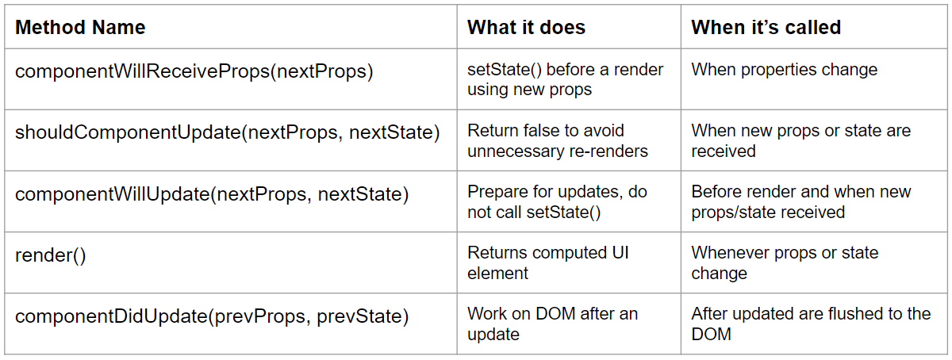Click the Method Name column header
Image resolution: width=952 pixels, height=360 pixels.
pyautogui.click(x=80, y=28)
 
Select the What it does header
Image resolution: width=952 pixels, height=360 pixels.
pyautogui.click(x=526, y=28)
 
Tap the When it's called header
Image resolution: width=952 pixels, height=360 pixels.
pyautogui.click(x=766, y=28)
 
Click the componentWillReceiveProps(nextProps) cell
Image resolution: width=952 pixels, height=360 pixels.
pyautogui.click(x=194, y=71)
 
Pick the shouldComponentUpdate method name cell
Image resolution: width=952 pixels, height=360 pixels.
pyautogui.click(x=227, y=132)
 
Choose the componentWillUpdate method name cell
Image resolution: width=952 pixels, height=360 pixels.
pyautogui.click(x=212, y=193)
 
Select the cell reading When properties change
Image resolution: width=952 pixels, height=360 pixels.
pyautogui.click(x=784, y=70)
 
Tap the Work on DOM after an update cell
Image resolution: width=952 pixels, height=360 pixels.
pyautogui.click(x=552, y=324)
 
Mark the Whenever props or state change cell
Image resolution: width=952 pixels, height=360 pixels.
pyautogui.click(x=785, y=263)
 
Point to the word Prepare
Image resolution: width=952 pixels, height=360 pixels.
pyautogui.click(x=498, y=192)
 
